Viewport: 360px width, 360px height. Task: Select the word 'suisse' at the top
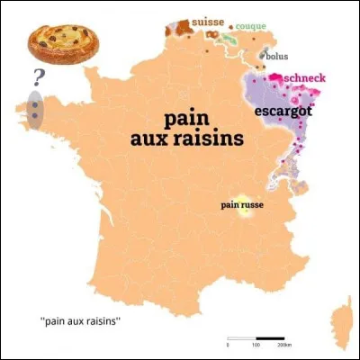(x=208, y=22)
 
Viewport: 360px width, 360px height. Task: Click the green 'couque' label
(x=250, y=26)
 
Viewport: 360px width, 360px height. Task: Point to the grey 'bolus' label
(x=275, y=57)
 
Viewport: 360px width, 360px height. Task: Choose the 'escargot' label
(x=281, y=111)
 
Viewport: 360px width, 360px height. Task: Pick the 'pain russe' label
(x=241, y=205)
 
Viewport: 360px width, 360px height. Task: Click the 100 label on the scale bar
(x=256, y=345)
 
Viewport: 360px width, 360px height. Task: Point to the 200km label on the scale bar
(x=284, y=345)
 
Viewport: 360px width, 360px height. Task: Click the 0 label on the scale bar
(x=229, y=345)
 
